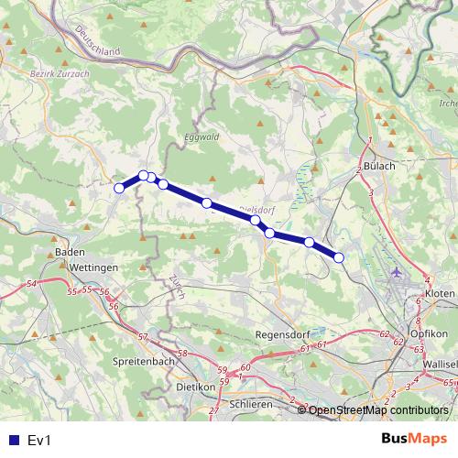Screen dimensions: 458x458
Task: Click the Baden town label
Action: [63, 251]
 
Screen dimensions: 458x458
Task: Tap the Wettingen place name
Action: [93, 267]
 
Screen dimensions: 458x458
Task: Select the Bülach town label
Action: [378, 166]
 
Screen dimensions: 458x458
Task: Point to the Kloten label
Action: [440, 292]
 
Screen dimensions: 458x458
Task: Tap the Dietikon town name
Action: [194, 387]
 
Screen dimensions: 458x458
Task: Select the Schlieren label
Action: [251, 404]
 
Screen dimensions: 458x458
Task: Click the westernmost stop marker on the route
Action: [119, 189]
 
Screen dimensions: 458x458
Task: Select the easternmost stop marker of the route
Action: [339, 257]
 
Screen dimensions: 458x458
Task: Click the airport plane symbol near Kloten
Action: [396, 271]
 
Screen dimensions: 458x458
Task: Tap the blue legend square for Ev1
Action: [10, 441]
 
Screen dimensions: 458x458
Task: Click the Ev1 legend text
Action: [38, 441]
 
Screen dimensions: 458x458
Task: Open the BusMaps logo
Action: [413, 440]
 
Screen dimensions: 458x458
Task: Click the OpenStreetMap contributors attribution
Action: [379, 410]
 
